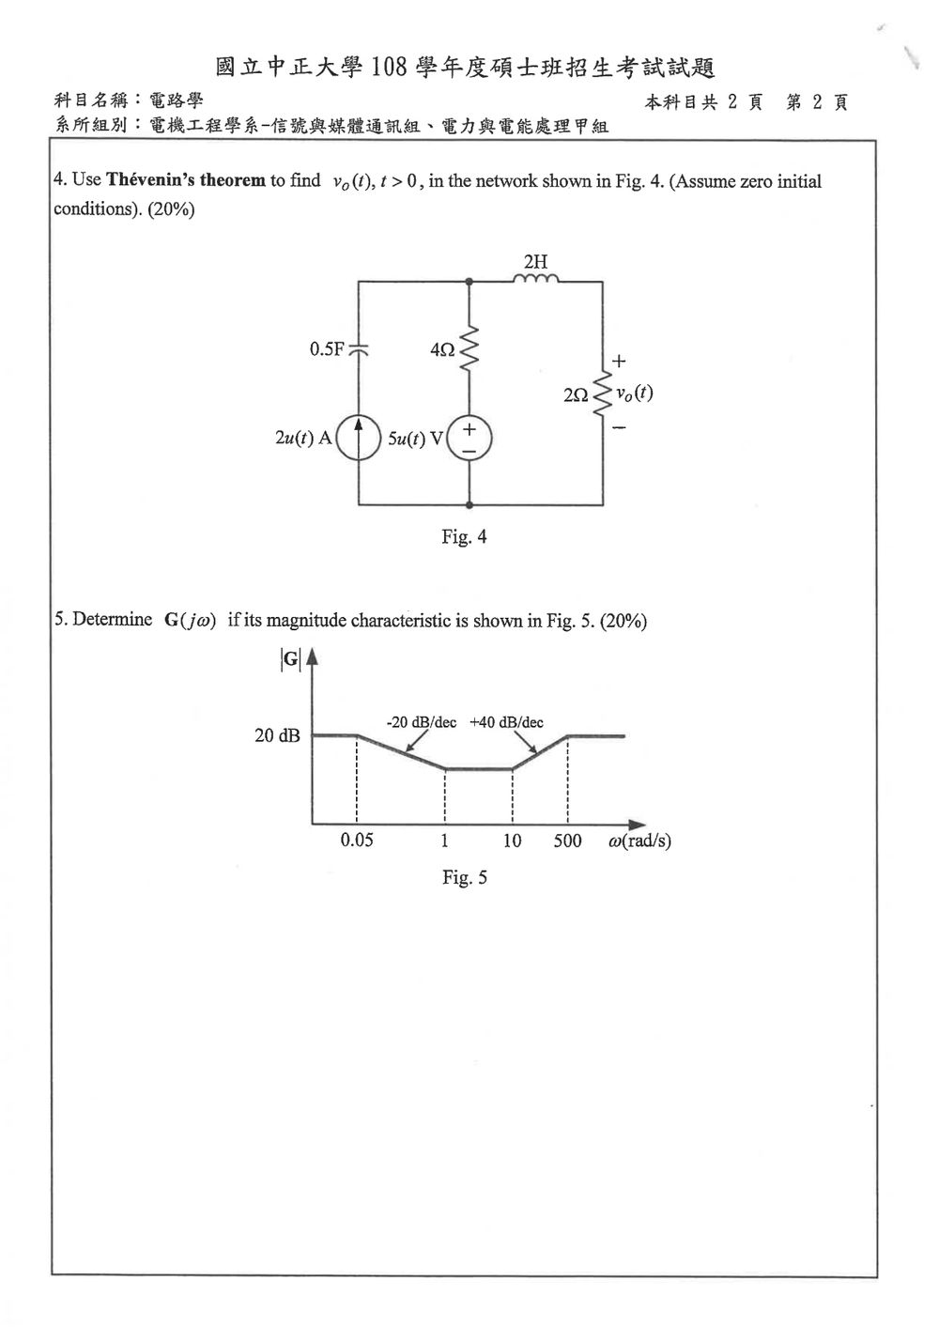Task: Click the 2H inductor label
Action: tap(535, 261)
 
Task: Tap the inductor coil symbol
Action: tap(535, 278)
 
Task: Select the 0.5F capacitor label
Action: tap(327, 349)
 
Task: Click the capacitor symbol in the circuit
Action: tap(358, 350)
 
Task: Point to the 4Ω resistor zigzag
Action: tap(469, 349)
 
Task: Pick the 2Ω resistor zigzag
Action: tap(603, 393)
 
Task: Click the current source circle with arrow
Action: tap(358, 439)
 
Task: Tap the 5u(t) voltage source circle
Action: tap(469, 439)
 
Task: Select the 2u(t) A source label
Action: tap(303, 438)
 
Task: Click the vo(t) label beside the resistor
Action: tap(635, 393)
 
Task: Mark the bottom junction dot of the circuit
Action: tap(469, 505)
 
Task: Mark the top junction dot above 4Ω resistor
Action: tap(469, 282)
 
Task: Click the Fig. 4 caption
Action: tap(465, 537)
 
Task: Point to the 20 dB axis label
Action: tap(277, 735)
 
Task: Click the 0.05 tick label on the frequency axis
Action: tap(357, 840)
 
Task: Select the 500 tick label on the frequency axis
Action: tap(567, 841)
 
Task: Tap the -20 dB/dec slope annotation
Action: tap(422, 722)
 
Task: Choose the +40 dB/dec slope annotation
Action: tap(506, 722)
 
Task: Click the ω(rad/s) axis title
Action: tap(639, 841)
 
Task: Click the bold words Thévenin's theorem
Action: tap(186, 179)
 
